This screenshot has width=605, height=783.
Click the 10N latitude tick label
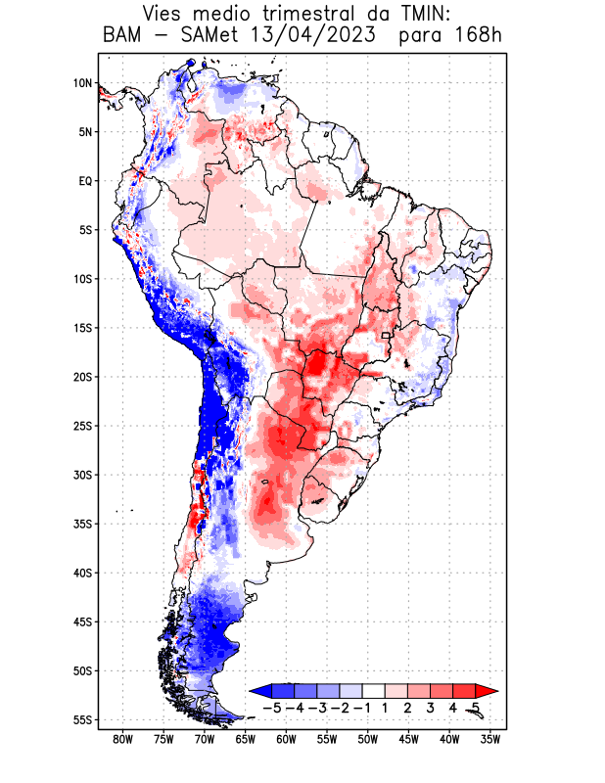(x=82, y=83)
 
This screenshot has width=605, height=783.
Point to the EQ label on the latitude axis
(x=85, y=181)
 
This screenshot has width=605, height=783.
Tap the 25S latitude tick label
(x=82, y=426)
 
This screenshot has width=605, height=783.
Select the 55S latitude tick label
(x=82, y=719)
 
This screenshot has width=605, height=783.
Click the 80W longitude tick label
(x=122, y=740)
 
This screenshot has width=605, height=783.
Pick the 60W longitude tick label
(x=286, y=740)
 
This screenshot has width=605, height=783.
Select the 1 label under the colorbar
(x=385, y=707)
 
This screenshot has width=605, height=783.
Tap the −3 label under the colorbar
(x=317, y=707)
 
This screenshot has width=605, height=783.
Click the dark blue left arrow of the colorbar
(x=260, y=690)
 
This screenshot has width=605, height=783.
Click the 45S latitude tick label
(x=82, y=622)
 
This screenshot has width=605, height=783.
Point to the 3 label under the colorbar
(x=430, y=707)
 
